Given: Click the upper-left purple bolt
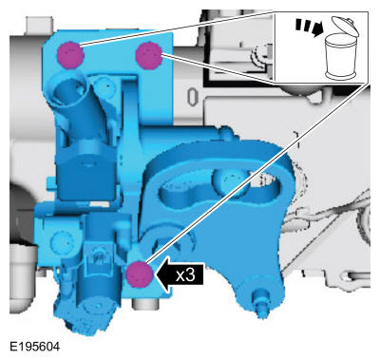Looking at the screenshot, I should point(68,53).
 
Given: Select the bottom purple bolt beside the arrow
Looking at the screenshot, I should point(139,275).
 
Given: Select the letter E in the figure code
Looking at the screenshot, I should point(9,348).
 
